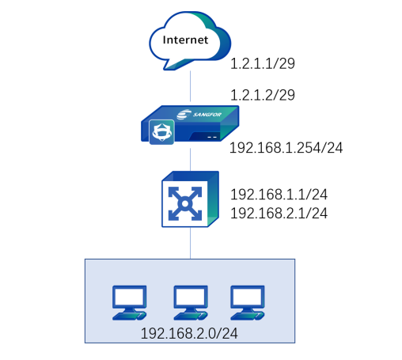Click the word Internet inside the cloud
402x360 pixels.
(185, 40)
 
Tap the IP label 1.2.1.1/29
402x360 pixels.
(263, 63)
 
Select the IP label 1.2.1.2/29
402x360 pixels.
(263, 95)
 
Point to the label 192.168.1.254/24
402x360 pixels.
(286, 148)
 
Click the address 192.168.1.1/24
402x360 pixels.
(279, 195)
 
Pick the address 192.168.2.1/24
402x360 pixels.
(279, 213)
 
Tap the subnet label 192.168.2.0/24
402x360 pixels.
(189, 334)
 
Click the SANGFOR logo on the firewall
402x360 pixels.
(199, 114)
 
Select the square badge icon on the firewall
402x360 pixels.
(161, 132)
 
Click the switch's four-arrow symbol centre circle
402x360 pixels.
(185, 203)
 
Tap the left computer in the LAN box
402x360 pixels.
(129, 303)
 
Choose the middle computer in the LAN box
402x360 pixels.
(191, 303)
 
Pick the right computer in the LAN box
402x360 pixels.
(248, 303)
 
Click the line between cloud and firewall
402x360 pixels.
(190, 86)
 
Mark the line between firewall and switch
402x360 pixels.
(190, 159)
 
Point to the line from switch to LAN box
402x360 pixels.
(190, 243)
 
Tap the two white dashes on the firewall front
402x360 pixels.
(212, 137)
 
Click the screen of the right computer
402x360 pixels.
(248, 296)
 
